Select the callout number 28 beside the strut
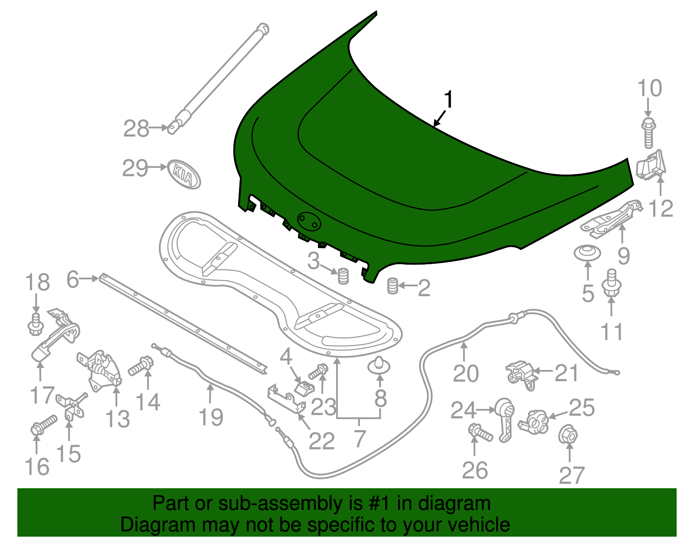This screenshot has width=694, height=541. pos(136,129)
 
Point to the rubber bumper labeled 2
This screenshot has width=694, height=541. pos(393,286)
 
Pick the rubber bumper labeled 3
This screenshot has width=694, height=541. pos(343,276)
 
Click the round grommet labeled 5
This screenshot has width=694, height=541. pos(587,253)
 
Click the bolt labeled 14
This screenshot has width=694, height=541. pos(141,367)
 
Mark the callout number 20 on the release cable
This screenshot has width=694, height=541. pos(465,373)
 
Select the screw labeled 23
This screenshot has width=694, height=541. pos(319,371)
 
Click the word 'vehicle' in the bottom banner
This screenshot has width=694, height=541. pos(478,525)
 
